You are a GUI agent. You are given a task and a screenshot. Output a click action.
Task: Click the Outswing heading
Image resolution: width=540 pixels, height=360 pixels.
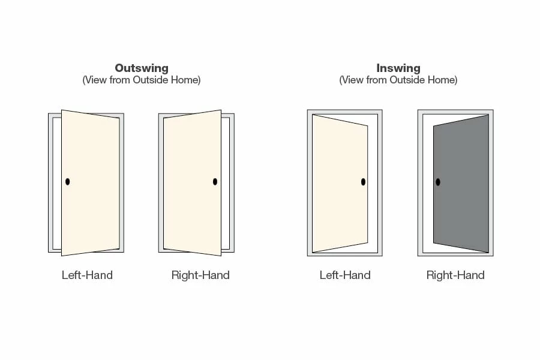click(142, 68)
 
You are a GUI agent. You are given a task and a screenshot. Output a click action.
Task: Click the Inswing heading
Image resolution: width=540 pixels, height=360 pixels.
click(398, 68)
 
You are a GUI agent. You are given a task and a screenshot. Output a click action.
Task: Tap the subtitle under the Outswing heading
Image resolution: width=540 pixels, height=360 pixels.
click(142, 80)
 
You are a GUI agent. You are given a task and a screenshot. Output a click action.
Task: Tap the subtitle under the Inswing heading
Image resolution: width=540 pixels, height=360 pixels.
click(398, 80)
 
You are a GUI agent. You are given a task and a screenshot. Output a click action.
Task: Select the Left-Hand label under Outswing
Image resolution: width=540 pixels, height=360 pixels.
click(87, 275)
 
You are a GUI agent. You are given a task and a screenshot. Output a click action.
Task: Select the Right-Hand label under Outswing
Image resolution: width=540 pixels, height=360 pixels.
click(200, 275)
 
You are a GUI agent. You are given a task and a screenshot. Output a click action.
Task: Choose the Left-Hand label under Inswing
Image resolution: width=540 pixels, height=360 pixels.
click(345, 275)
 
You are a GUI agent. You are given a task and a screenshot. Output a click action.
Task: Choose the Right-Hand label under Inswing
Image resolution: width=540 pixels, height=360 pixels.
click(455, 275)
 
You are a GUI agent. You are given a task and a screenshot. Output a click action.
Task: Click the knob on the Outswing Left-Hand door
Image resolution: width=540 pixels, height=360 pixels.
click(68, 181)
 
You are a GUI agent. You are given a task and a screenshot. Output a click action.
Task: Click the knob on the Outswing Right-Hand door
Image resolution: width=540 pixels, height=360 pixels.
click(215, 181)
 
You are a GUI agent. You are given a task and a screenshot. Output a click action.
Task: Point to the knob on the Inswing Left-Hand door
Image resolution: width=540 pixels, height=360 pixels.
click(363, 182)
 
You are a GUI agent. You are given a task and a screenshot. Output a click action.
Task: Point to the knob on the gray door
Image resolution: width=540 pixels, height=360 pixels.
click(438, 182)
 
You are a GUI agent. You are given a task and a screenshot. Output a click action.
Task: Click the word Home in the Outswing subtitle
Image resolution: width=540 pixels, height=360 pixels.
click(187, 80)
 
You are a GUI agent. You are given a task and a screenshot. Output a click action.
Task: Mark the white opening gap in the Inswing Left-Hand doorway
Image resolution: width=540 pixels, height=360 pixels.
click(373, 183)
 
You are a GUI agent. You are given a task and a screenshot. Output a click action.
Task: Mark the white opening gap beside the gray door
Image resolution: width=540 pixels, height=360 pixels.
click(428, 183)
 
